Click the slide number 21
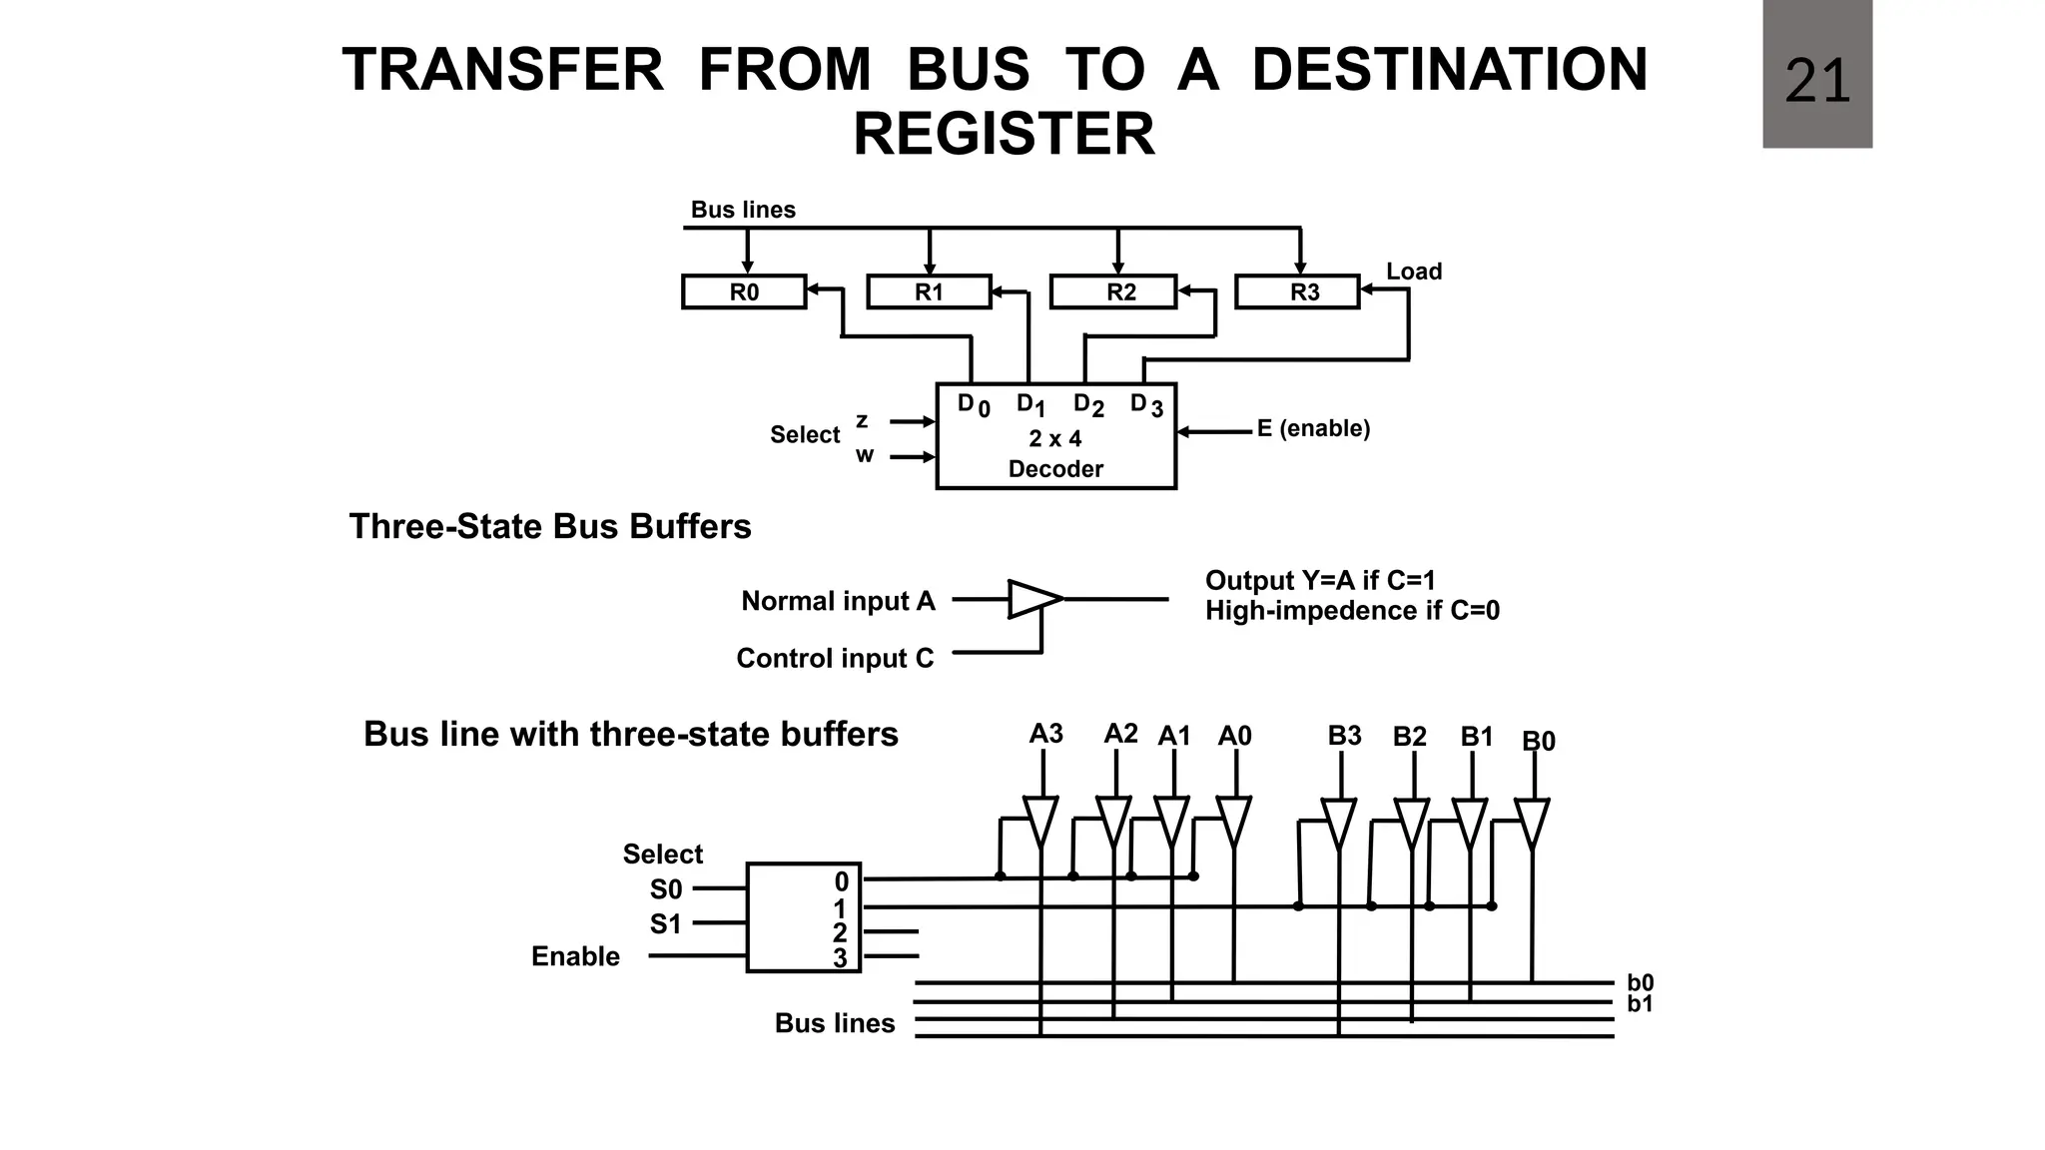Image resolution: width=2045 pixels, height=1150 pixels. [x=1816, y=81]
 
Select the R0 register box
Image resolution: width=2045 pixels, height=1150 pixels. [x=744, y=291]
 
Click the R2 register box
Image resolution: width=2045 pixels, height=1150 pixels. [x=1113, y=291]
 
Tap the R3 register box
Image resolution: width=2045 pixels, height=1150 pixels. [x=1297, y=291]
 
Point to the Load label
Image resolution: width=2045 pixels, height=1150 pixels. [x=1413, y=272]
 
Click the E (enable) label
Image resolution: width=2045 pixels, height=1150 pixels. [x=1313, y=428]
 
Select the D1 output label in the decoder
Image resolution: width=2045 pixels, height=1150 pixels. [x=1030, y=405]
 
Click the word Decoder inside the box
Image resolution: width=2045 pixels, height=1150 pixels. [x=1055, y=469]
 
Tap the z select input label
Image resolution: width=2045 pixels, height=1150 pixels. [x=862, y=420]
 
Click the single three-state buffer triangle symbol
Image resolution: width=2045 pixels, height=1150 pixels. [x=1032, y=599]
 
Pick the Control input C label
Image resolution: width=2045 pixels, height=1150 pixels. [x=835, y=659]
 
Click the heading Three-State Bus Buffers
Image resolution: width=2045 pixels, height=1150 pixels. [x=549, y=526]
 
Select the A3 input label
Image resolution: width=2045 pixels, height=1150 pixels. [x=1045, y=734]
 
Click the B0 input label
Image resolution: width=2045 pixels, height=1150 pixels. [x=1538, y=741]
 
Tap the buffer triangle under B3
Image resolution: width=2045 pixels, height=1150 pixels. [x=1338, y=822]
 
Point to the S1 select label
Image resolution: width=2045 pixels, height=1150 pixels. [x=665, y=924]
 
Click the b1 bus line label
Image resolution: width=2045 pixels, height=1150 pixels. [x=1640, y=1004]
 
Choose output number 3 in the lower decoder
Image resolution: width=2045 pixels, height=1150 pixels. [x=840, y=958]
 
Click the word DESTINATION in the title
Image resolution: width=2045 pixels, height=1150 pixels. [x=1449, y=70]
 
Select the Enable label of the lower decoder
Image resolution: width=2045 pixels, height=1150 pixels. [x=575, y=956]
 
